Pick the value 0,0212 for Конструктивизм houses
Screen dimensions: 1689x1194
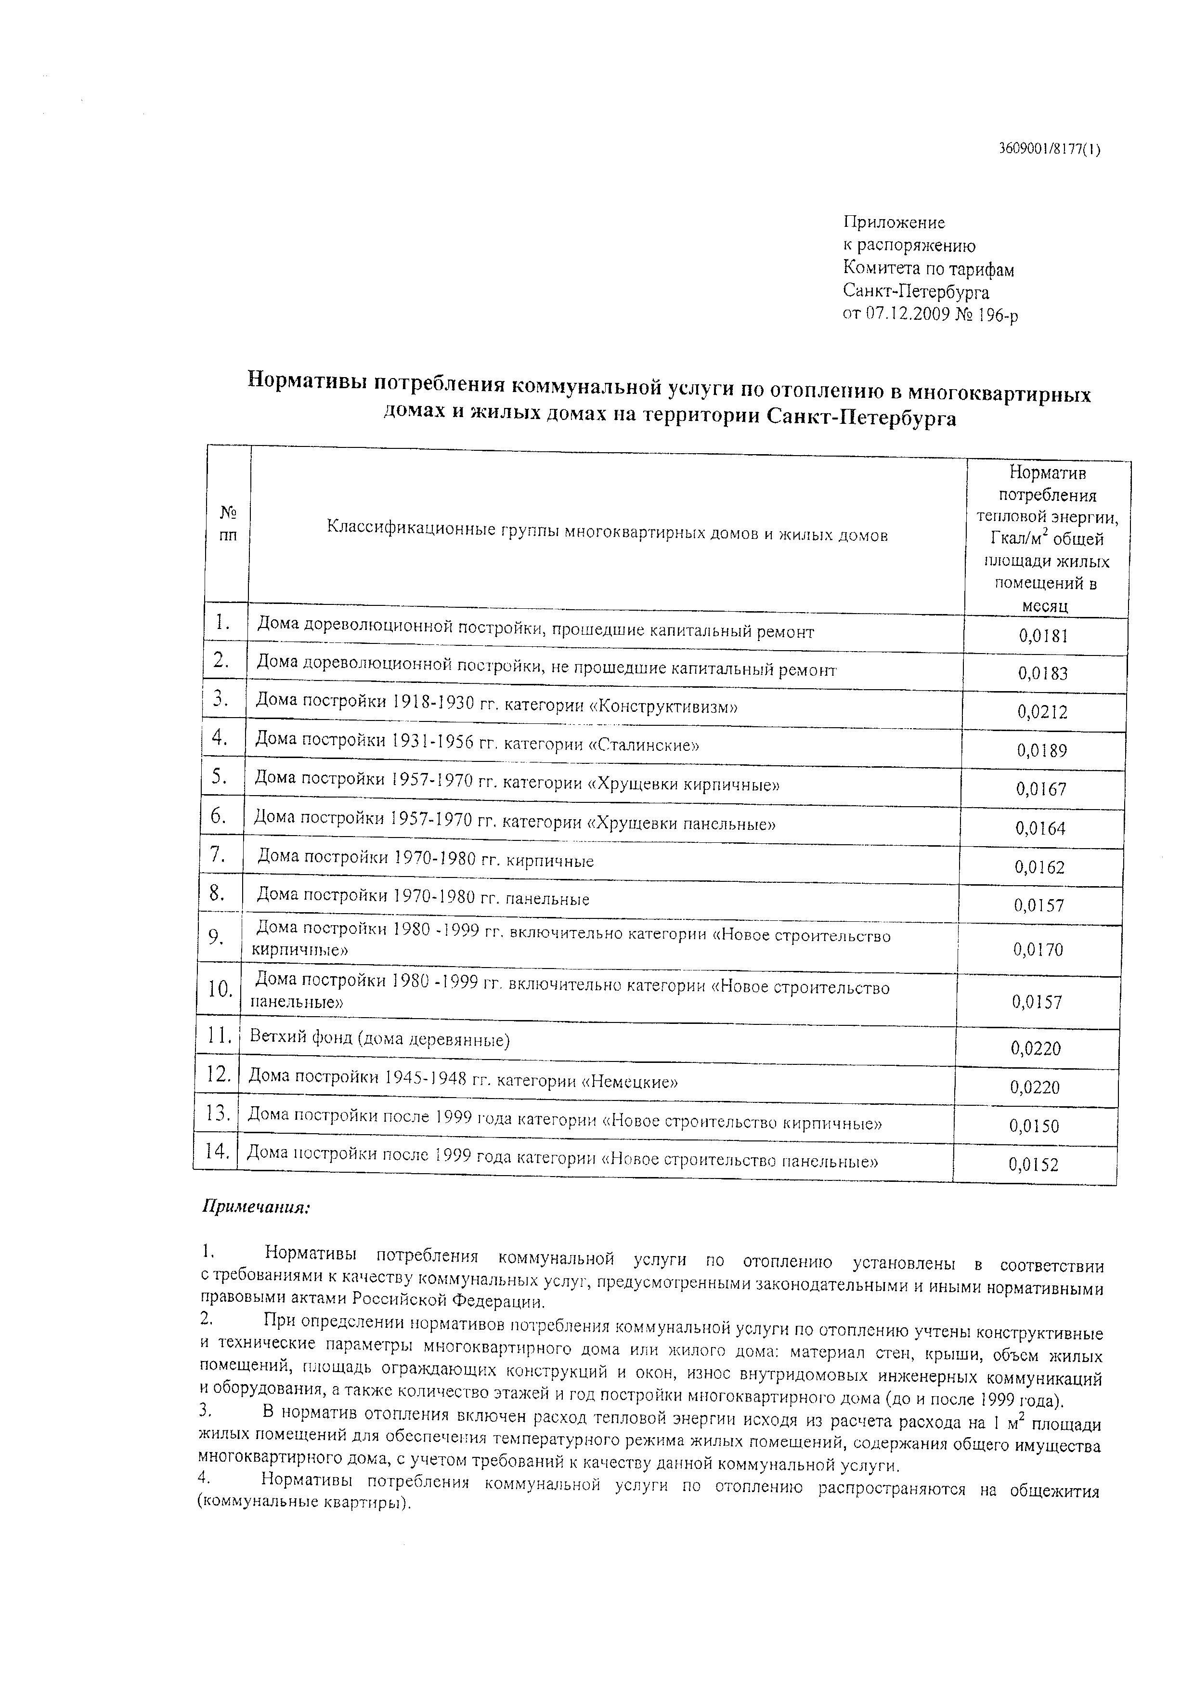[1042, 711]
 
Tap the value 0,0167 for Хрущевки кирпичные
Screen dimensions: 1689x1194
[1041, 789]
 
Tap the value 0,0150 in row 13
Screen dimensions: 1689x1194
[1034, 1126]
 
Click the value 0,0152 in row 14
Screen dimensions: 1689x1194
[1033, 1164]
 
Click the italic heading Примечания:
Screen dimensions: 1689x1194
[256, 1207]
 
